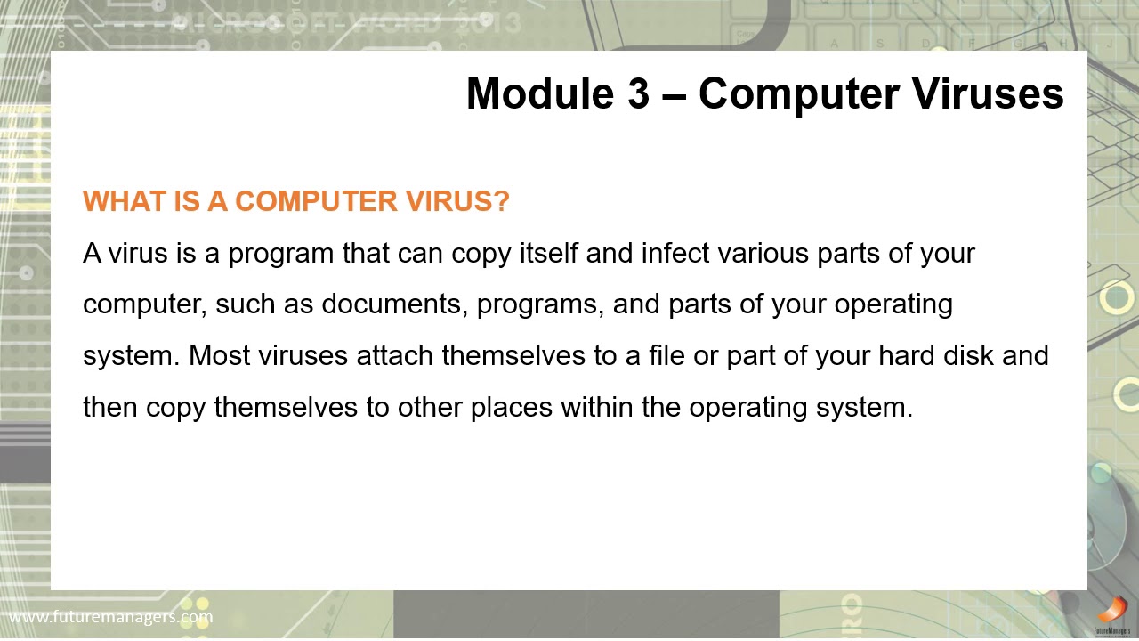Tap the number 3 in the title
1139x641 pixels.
coord(638,93)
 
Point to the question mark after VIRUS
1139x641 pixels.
coord(501,201)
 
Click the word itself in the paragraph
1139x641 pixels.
coord(550,254)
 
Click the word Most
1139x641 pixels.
coord(220,355)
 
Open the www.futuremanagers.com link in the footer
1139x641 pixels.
coord(110,616)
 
